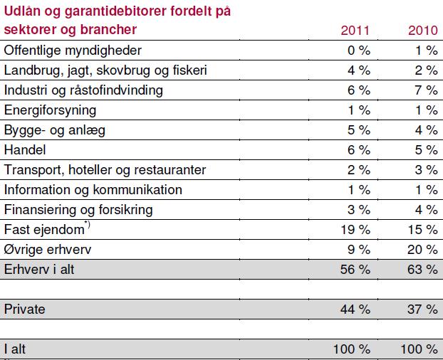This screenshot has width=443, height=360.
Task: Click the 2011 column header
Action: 355,31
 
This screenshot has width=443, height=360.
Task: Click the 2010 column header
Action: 422,31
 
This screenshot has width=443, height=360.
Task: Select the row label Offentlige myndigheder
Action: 73,51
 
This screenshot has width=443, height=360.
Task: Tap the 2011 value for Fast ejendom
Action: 355,230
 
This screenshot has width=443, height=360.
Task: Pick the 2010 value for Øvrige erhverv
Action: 422,250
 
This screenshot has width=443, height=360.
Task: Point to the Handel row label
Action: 25,150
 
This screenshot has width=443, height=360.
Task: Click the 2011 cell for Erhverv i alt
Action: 355,270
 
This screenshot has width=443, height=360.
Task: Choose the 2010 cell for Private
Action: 422,309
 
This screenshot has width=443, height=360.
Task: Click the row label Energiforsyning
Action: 50,110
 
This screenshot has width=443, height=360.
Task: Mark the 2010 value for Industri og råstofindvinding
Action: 427,90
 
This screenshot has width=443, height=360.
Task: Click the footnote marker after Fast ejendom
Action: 88,225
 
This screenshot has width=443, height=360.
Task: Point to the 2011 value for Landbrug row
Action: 359,70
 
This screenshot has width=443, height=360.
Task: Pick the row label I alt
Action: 15,349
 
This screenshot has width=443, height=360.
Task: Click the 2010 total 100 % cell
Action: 419,349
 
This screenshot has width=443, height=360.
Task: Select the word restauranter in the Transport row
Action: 170,170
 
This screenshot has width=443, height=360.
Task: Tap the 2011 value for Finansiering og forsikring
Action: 359,210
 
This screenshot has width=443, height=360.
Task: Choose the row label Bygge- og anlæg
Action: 55,130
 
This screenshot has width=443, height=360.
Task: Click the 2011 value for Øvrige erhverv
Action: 359,250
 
